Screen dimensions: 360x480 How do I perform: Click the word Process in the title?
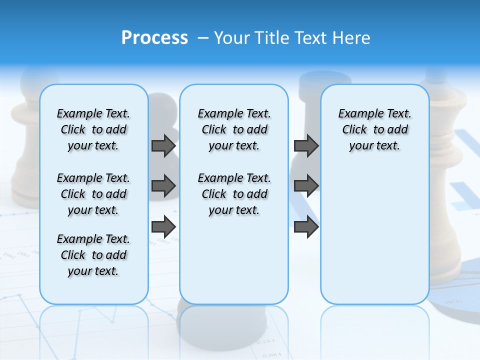[154, 38]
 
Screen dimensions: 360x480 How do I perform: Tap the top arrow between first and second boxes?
[163, 145]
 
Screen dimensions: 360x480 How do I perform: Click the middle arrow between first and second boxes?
[163, 186]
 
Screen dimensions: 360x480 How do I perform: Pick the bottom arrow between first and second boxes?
[163, 227]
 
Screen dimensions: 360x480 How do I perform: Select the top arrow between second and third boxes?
[306, 145]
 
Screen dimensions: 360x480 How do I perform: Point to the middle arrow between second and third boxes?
[306, 186]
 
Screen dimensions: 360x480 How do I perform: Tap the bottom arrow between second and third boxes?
[306, 227]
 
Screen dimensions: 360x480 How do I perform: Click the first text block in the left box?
[93, 129]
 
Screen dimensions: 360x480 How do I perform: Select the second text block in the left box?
[93, 194]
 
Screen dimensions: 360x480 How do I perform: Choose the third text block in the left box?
[93, 255]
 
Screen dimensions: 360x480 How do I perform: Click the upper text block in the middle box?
[234, 129]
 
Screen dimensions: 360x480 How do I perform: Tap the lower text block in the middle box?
[234, 194]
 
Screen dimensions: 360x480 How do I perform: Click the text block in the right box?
[374, 129]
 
